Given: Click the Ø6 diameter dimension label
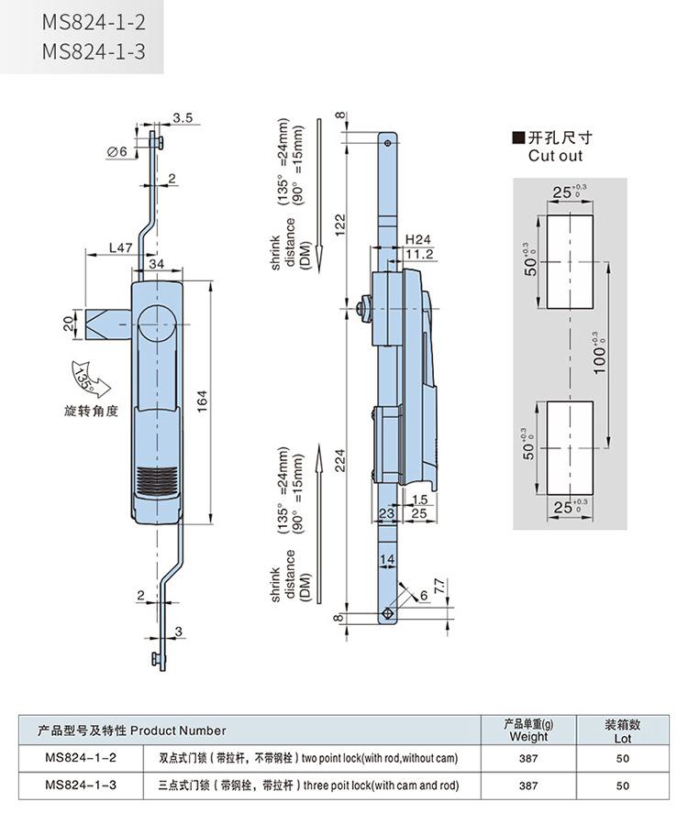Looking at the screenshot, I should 117,152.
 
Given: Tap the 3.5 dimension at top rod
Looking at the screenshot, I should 182,118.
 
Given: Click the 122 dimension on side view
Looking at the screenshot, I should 340,222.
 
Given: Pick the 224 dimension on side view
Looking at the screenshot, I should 340,466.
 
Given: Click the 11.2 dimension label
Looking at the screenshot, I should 419,254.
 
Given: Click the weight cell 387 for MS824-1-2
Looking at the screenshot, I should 528,759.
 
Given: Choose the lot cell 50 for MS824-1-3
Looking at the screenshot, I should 623,786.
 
